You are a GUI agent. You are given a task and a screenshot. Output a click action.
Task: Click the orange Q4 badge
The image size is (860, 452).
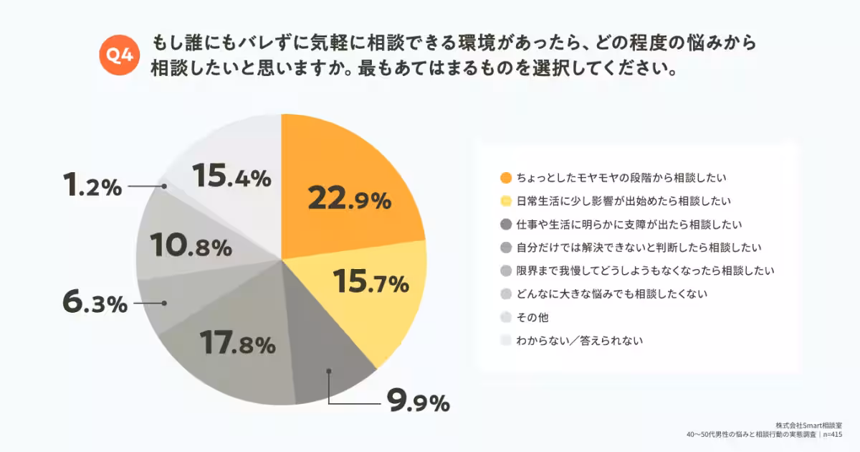tap(118, 55)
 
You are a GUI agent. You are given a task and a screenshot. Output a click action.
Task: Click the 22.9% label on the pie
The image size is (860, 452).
tap(350, 199)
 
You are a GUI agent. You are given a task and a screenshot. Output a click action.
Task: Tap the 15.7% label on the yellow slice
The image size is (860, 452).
tap(371, 283)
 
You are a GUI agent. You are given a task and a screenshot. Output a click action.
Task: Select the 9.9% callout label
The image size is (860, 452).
tap(418, 402)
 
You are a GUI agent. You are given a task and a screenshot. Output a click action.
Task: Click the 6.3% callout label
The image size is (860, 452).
tap(95, 303)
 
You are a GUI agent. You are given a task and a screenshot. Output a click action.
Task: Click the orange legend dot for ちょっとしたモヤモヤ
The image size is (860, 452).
tap(506, 176)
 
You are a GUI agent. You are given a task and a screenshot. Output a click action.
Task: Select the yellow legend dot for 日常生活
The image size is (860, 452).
tap(506, 200)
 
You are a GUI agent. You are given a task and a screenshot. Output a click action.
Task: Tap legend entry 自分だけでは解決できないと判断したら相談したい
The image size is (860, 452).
tap(638, 248)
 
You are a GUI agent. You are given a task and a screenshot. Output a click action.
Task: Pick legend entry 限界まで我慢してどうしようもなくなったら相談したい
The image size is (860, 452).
tap(645, 270)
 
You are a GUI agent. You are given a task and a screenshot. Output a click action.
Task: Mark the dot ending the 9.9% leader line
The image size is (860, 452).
tap(328, 371)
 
